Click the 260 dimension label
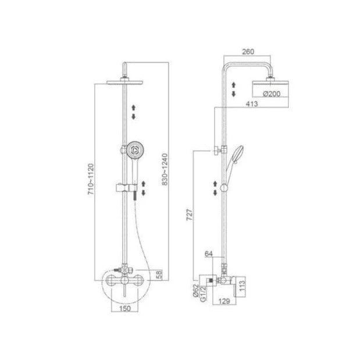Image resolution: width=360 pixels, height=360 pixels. pyautogui.click(x=248, y=52)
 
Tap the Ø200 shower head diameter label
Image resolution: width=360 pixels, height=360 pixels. pyautogui.click(x=272, y=94)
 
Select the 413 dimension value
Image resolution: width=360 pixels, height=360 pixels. pyautogui.click(x=252, y=104)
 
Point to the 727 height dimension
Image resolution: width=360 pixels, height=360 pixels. pyautogui.click(x=190, y=215)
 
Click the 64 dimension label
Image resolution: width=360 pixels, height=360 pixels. pyautogui.click(x=208, y=254)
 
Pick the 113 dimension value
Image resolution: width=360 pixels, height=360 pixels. pyautogui.click(x=243, y=286)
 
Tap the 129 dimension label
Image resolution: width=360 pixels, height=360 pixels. pyautogui.click(x=224, y=301)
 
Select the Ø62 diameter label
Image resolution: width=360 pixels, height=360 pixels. pyautogui.click(x=195, y=291)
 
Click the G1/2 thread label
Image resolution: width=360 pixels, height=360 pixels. pyautogui.click(x=203, y=294)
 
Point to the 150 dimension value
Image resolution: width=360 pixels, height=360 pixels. pyautogui.click(x=125, y=308)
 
